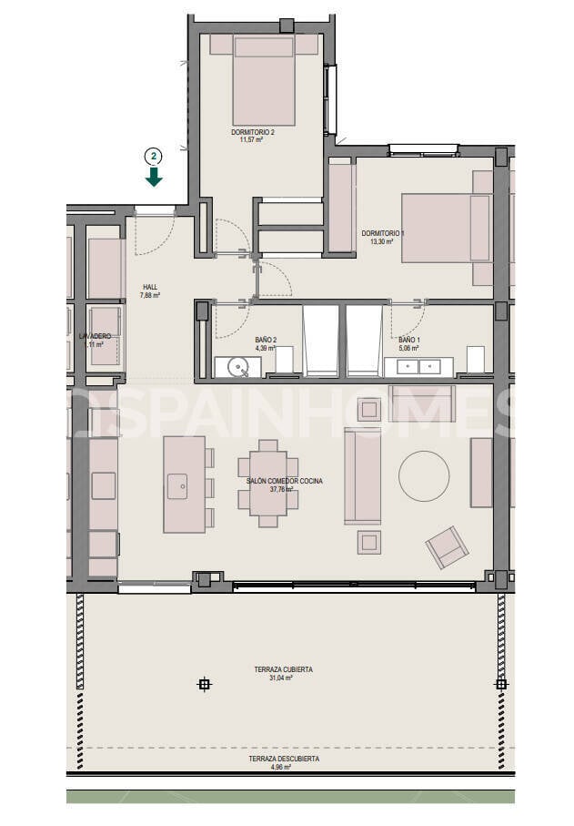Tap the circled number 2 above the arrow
(154, 156)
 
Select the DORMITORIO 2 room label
(252, 132)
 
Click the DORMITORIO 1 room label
(383, 233)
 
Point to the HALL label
(150, 287)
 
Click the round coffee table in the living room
(424, 476)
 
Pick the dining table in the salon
(267, 484)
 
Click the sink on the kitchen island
(177, 483)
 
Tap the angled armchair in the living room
(447, 546)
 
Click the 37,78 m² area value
(284, 489)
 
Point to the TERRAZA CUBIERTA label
(283, 669)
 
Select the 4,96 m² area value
(281, 767)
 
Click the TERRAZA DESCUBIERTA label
(284, 759)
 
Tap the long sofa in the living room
(361, 475)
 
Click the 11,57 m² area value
(253, 140)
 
